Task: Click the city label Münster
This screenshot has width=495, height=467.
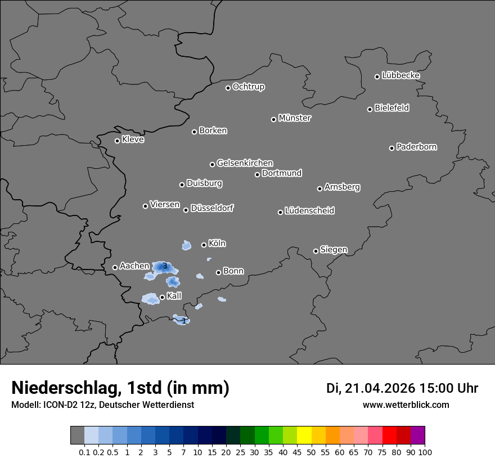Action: point(295,118)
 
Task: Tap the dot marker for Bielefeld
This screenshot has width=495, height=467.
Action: point(370,109)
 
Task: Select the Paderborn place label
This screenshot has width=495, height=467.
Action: point(417,147)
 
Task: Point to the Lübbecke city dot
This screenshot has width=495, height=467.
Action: point(377,77)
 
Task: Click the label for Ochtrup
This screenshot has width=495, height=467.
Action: point(249,87)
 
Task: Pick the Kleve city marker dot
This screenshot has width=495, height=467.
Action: point(117,141)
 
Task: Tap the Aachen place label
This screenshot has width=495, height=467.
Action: point(134,266)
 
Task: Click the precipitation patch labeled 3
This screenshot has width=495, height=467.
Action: point(164,266)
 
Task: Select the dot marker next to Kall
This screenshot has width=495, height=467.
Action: point(162,297)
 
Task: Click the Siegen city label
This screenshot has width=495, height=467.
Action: point(334,250)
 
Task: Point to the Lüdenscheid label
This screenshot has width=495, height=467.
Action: point(309,211)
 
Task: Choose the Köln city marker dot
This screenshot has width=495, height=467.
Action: point(204,245)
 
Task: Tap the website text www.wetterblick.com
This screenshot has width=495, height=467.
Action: point(406,405)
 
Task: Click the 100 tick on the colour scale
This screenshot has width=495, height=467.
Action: point(425,452)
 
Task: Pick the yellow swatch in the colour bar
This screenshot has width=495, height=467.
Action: point(304,435)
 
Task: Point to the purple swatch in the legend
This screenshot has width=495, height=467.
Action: point(417,435)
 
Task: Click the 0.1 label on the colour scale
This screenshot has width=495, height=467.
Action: point(84,452)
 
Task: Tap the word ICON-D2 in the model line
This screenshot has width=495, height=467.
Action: point(55,405)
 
